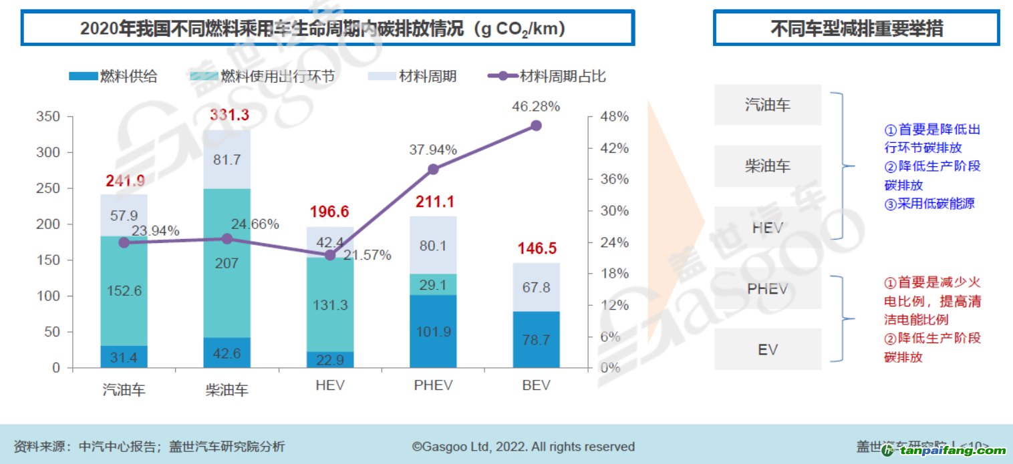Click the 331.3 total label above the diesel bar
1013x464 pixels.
pos(229,115)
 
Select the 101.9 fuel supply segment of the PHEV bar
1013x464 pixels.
pos(433,331)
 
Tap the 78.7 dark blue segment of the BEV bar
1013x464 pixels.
pos(536,339)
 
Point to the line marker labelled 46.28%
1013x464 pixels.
pos(536,126)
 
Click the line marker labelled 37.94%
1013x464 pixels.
pos(433,169)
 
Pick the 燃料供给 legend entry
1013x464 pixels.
pos(114,76)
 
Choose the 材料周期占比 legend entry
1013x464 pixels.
pos(547,76)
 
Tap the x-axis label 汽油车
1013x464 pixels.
pos(124,389)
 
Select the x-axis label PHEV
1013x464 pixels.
pos(433,385)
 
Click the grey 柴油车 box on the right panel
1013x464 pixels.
pos(768,166)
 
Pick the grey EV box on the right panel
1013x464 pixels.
pos(768,349)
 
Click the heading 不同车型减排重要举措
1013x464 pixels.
pos(857,29)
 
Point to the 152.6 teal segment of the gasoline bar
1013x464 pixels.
pos(124,290)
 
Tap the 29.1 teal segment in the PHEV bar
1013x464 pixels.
pos(433,284)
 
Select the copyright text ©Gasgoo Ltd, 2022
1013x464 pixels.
pos(523,447)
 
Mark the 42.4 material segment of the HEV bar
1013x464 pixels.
pos(330,242)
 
